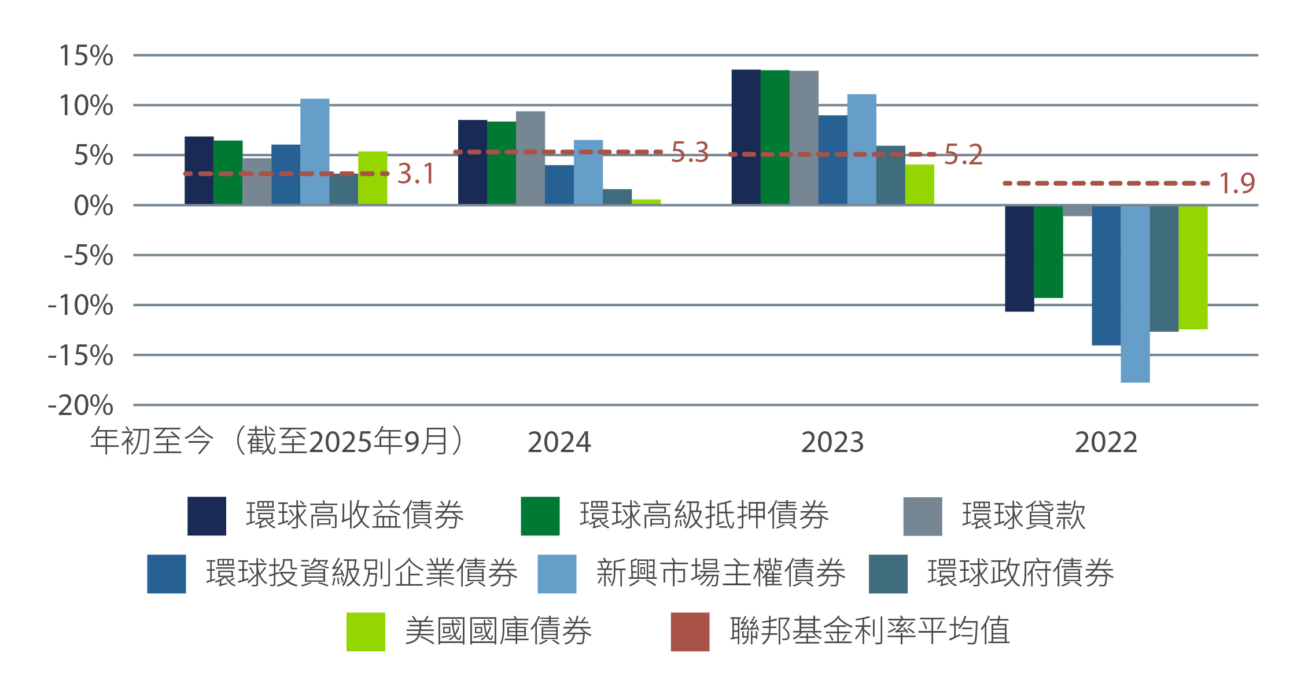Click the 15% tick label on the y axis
coord(86,56)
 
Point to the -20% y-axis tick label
coord(80,406)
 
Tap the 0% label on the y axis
coord(93,206)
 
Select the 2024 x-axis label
coord(559,443)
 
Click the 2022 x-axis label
coord(1106,443)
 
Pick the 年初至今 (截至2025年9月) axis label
coord(277,441)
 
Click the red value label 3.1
coord(415,174)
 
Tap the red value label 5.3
coord(690,153)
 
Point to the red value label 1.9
coord(1237,183)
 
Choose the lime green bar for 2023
coord(919,185)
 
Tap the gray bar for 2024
coord(530,158)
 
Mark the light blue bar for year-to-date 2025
coord(315,152)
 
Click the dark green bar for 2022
coord(1048,252)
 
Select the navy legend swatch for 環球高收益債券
coord(207,516)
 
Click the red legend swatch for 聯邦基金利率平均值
coord(690,632)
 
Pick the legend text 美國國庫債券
coord(498,631)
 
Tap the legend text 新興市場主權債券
coord(721,573)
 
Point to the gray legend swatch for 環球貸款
coord(922,516)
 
